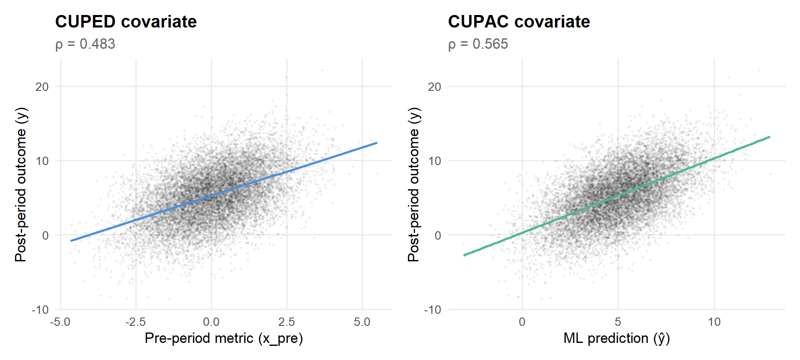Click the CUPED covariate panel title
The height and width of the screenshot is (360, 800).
tap(126, 22)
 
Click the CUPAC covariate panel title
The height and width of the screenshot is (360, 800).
tap(519, 22)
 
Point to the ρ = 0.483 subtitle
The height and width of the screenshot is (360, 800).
tap(85, 44)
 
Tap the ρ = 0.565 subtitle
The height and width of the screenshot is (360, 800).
tap(478, 44)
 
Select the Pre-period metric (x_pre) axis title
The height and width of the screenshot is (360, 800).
tap(224, 338)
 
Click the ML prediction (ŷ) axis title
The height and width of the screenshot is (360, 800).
tap(617, 338)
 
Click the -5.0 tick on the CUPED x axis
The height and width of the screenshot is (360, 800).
tap(60, 322)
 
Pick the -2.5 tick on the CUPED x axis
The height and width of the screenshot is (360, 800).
tap(135, 322)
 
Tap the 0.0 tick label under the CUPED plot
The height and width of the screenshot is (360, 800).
tap(211, 322)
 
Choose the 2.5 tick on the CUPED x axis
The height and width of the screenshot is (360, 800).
tap(287, 322)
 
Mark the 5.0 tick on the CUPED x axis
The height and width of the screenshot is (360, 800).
tap(362, 322)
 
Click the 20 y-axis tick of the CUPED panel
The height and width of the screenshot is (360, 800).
tap(42, 87)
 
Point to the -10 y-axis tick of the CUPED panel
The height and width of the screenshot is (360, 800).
tap(40, 310)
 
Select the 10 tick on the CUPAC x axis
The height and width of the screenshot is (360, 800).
tap(714, 322)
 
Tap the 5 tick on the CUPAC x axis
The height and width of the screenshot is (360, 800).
tap(618, 322)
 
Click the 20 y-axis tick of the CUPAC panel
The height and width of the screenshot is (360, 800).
tap(435, 87)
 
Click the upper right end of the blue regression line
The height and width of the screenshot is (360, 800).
tap(377, 143)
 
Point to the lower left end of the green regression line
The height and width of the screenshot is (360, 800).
tap(464, 255)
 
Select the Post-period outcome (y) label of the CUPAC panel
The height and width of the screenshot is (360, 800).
tap(413, 185)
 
